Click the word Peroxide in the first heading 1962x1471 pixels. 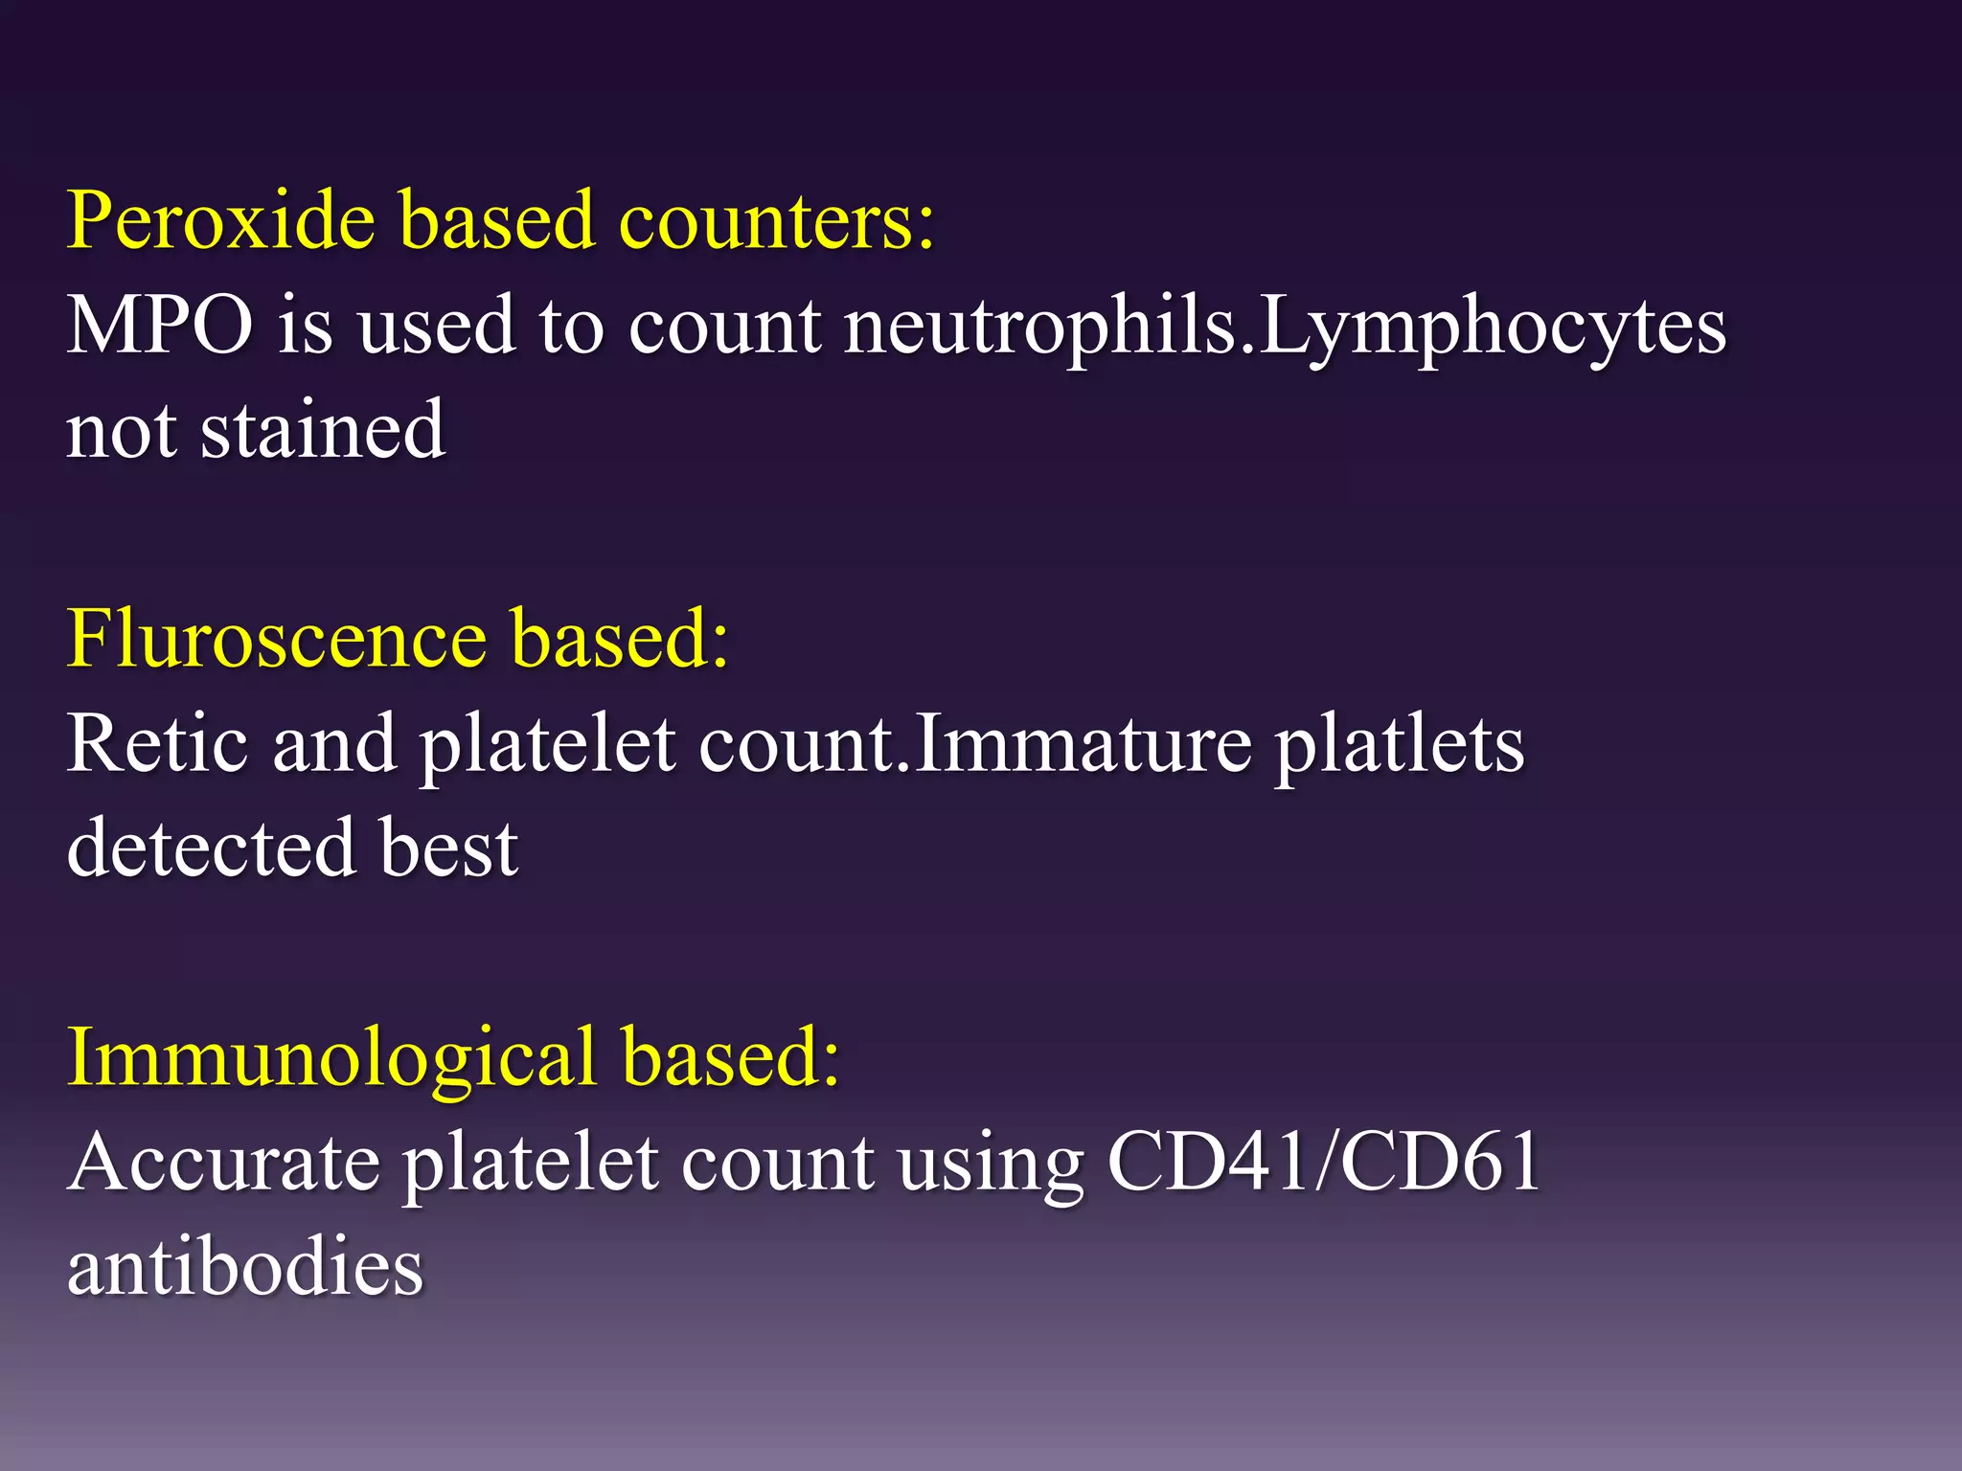point(220,221)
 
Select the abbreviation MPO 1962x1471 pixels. point(160,326)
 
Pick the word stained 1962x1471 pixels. point(323,430)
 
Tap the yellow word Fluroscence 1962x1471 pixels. point(277,639)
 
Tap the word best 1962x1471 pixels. point(449,848)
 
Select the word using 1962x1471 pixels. point(991,1162)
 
